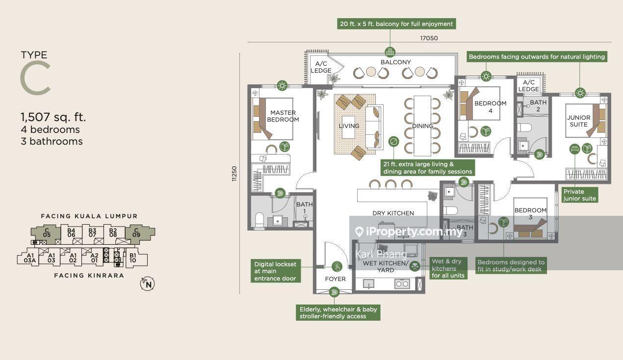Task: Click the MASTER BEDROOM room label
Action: (283, 116)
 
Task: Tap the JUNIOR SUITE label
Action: (578, 121)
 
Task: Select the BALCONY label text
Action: (395, 62)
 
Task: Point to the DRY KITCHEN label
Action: (393, 213)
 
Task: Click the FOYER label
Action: (335, 279)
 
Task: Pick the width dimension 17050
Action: (429, 38)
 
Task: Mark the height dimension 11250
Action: (234, 174)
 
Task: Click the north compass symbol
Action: (147, 284)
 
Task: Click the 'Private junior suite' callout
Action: (580, 195)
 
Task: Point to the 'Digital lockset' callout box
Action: (275, 271)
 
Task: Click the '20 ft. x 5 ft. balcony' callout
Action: (396, 24)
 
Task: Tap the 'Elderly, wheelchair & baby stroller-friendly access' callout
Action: (338, 313)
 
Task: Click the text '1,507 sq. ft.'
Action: (53, 117)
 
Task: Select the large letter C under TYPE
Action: (35, 78)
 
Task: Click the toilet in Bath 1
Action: (259, 220)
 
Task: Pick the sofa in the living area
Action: (374, 127)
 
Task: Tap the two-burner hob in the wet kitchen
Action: (402, 284)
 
